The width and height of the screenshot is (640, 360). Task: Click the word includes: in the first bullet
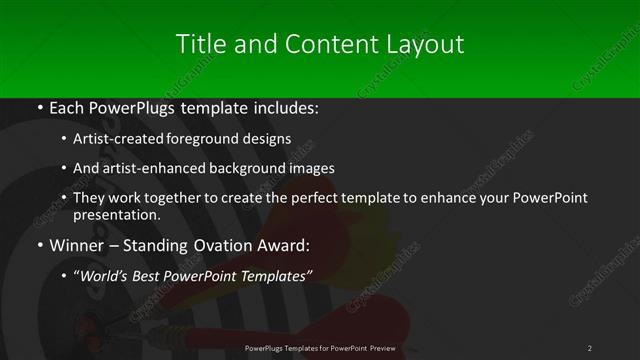pos(286,107)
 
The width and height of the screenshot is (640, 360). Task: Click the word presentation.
pos(116,214)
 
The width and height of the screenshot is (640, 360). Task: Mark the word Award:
pos(285,245)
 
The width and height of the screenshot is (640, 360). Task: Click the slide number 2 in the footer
pos(590,347)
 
